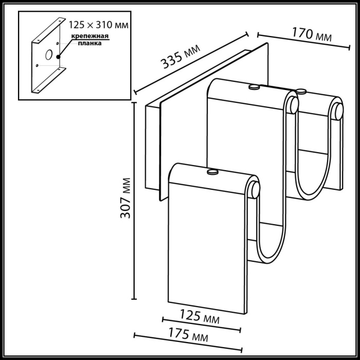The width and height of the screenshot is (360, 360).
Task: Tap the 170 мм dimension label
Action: click(x=311, y=34)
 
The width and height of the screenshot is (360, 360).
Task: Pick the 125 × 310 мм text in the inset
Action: click(x=98, y=24)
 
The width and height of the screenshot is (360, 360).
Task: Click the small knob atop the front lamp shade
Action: click(x=212, y=172)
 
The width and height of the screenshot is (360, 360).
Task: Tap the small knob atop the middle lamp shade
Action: click(x=253, y=88)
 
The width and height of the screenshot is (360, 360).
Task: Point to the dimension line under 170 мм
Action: click(x=298, y=41)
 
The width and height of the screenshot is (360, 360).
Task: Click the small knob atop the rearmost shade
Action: click(x=301, y=92)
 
